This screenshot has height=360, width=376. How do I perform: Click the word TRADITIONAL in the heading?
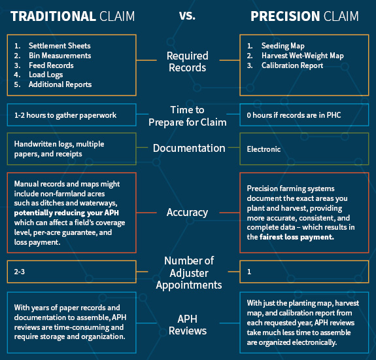point(53,16)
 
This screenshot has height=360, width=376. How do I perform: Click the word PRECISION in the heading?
point(285,16)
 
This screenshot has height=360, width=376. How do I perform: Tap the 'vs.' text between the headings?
point(187,16)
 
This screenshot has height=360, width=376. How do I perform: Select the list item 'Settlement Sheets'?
point(60,46)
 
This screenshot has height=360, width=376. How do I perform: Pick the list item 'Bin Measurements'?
point(60,56)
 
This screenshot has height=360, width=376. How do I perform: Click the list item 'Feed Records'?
point(51,65)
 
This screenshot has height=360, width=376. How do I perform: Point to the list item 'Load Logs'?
point(46,75)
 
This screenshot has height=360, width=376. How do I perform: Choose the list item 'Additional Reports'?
point(60,84)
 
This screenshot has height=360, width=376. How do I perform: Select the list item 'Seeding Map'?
point(283,46)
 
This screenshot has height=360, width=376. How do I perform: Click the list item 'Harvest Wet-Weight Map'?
point(303,56)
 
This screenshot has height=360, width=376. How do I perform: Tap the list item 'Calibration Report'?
point(292,65)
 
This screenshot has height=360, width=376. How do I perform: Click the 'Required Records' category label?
point(188,62)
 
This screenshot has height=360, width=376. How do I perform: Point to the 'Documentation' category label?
point(189,148)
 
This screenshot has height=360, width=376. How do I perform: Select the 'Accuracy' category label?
point(187,213)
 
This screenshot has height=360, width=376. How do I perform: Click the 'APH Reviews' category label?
point(188,325)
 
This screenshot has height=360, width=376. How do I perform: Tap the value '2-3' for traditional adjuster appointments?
point(20,272)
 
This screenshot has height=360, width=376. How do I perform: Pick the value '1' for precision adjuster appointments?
point(249,272)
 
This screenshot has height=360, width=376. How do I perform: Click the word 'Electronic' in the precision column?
point(264,149)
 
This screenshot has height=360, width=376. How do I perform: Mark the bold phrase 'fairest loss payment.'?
point(297,237)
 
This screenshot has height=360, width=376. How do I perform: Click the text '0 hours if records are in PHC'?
point(294,115)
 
